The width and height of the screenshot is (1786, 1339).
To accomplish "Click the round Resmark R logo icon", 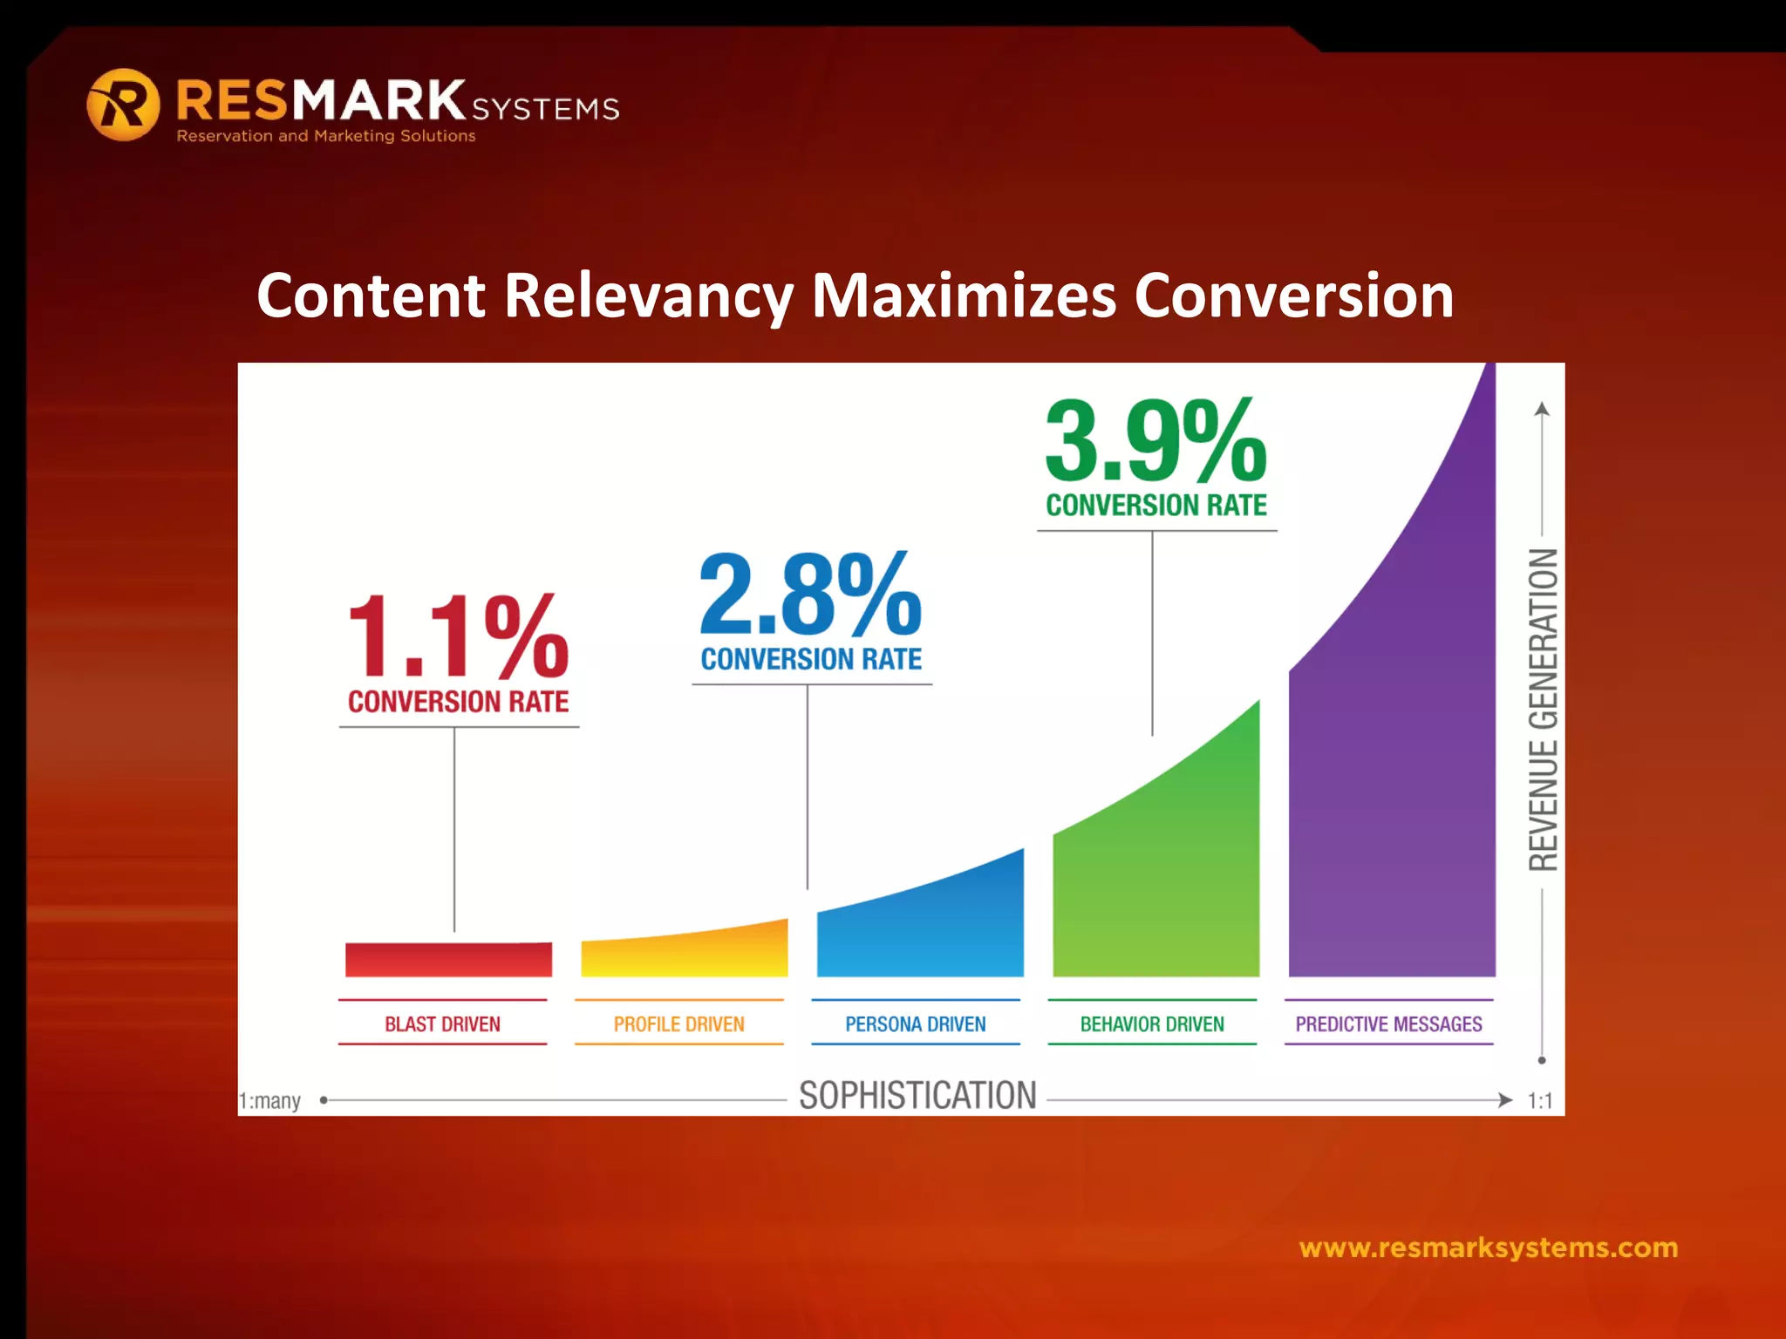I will point(123,105).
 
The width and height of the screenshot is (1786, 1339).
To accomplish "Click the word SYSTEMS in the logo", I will point(545,109).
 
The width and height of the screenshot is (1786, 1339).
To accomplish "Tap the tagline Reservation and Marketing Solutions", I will point(326,136).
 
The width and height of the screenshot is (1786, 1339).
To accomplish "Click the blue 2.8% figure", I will point(810,595).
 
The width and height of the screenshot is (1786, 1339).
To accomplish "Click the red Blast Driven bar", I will point(448,959).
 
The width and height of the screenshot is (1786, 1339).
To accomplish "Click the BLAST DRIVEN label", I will point(442,1023).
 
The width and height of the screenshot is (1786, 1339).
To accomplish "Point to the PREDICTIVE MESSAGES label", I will point(1388,1023).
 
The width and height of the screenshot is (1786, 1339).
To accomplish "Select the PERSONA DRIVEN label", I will point(915,1023).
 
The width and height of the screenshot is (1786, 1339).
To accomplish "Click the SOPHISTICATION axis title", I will point(917,1096).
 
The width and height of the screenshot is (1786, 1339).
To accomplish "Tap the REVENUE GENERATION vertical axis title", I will point(1543,710).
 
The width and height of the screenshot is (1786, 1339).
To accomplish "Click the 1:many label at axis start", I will point(270,1100).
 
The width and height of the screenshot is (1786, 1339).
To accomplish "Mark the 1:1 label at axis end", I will point(1540,1100).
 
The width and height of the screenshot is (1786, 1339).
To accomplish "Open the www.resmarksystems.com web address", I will point(1488,1247).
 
